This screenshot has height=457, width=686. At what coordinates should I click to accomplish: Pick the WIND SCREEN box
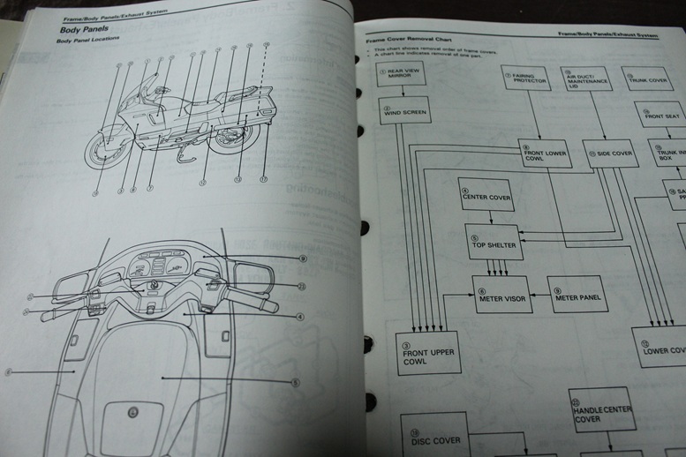403,110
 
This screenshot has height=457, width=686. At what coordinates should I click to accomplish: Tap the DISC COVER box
433,438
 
